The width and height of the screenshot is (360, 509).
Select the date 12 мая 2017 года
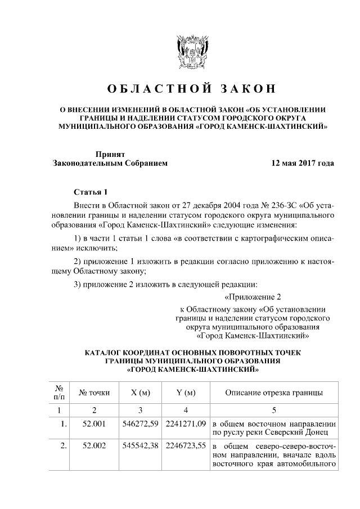pyautogui.click(x=302, y=164)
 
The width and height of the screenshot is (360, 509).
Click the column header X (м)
pyautogui.click(x=141, y=392)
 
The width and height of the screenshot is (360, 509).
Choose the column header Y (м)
pyautogui.click(x=186, y=392)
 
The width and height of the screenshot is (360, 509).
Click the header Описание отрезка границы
pyautogui.click(x=274, y=392)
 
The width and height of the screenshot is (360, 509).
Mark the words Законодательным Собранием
pyautogui.click(x=110, y=164)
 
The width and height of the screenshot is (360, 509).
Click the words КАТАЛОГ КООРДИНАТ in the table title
pyautogui.click(x=132, y=353)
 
